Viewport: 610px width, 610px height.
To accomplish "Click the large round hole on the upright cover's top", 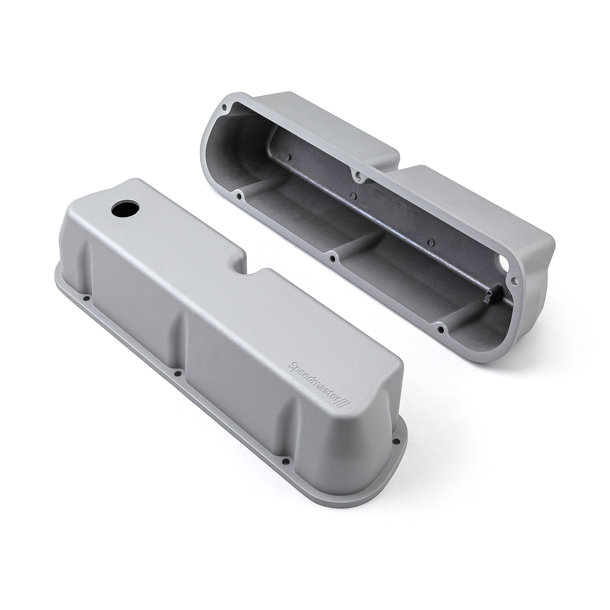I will [x=125, y=209].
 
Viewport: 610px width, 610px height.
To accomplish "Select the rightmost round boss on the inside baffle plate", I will [x=430, y=241].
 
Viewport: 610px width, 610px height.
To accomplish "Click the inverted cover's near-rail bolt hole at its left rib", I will [x=239, y=196].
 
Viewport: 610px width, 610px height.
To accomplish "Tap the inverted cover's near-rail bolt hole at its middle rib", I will [x=334, y=259].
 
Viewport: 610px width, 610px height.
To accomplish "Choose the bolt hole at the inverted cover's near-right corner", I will [x=441, y=330].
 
